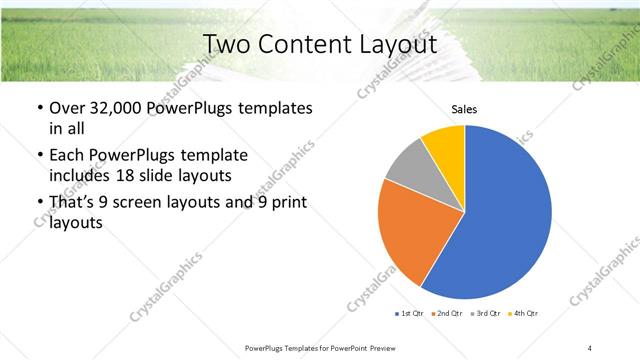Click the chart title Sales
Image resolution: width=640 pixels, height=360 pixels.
pos(464,110)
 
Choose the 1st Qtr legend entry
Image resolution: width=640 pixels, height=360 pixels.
pos(410,314)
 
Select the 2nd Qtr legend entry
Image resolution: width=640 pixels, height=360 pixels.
pos(446,314)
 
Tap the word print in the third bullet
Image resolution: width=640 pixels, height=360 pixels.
pos(288,203)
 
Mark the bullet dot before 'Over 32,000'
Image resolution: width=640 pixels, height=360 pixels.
pos(38,109)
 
